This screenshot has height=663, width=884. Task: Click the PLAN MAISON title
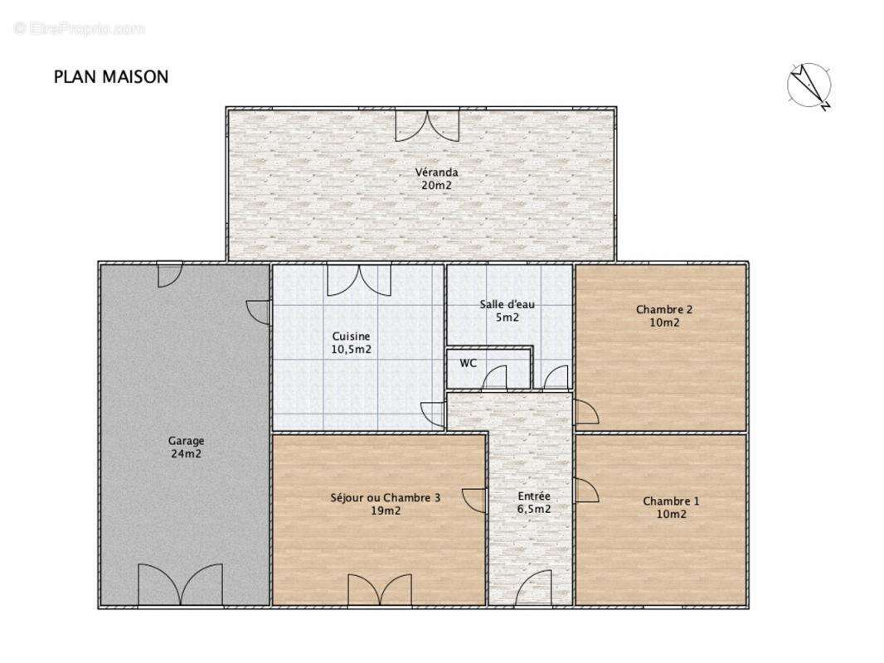point(111,77)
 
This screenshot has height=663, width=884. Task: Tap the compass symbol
point(809,85)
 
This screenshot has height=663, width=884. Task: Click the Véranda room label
point(437,173)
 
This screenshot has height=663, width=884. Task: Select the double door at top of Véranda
point(426,124)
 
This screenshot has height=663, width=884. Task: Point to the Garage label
point(186,441)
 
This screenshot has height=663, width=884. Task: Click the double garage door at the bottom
point(180,584)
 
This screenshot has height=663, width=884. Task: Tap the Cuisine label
point(351,336)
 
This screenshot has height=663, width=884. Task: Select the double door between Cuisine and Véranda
point(358,279)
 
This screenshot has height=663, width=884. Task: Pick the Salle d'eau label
point(508,304)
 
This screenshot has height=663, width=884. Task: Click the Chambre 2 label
point(664,310)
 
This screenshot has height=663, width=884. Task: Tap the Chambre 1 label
point(671,501)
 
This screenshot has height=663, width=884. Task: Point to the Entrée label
point(529,496)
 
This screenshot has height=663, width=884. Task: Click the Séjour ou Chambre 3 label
point(385,498)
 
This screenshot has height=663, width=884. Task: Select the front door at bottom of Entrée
point(531,589)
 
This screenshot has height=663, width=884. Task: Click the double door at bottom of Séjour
point(380,590)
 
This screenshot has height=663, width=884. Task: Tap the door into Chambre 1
point(585,491)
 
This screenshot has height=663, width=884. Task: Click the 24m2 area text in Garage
point(186,453)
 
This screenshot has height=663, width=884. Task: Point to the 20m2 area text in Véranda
point(437,186)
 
